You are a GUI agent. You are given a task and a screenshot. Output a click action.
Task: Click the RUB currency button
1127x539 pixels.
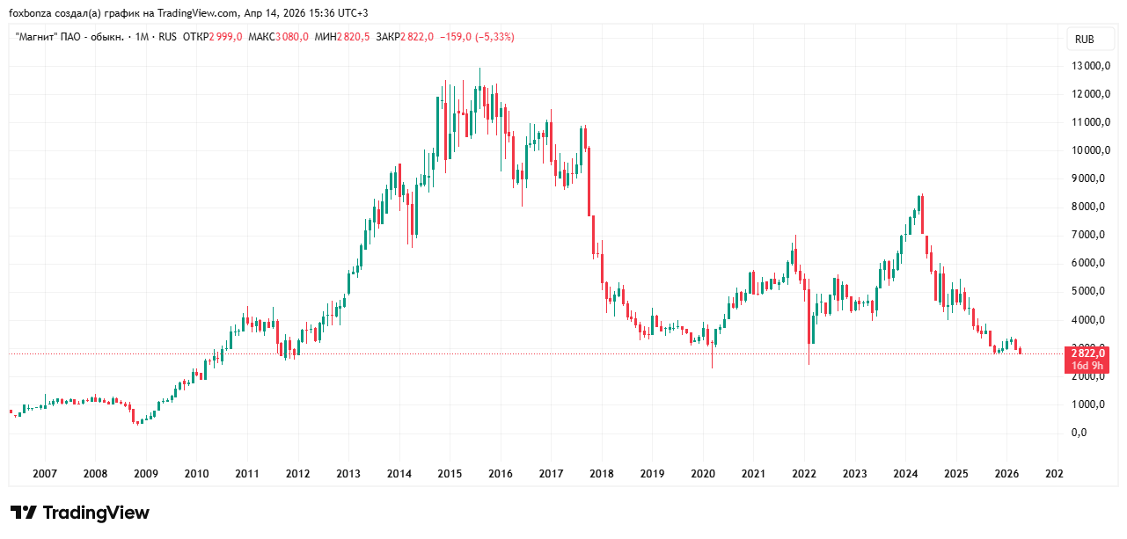(x=1085, y=39)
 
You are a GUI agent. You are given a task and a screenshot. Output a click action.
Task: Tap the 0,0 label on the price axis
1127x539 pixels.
(x=1079, y=433)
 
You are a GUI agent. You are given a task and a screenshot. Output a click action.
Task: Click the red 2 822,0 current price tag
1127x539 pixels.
(x=1087, y=353)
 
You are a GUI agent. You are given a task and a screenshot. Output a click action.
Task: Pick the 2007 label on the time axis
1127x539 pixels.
(x=45, y=474)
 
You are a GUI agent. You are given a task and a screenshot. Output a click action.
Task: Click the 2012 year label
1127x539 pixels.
(x=298, y=474)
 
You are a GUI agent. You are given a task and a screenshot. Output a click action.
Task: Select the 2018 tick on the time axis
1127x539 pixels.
(x=602, y=474)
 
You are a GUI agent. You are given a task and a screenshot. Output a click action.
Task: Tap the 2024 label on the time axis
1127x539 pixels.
(x=905, y=474)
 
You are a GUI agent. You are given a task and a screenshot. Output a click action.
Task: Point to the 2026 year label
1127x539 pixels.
(x=1006, y=474)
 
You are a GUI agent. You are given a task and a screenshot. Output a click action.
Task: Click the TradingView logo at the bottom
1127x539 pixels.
(x=80, y=513)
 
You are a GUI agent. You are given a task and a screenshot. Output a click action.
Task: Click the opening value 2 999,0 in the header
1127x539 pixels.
(x=226, y=37)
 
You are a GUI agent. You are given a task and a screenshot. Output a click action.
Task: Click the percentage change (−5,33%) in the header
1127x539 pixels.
(x=494, y=37)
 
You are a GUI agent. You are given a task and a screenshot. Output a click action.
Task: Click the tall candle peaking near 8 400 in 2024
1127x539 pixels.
(x=920, y=215)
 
